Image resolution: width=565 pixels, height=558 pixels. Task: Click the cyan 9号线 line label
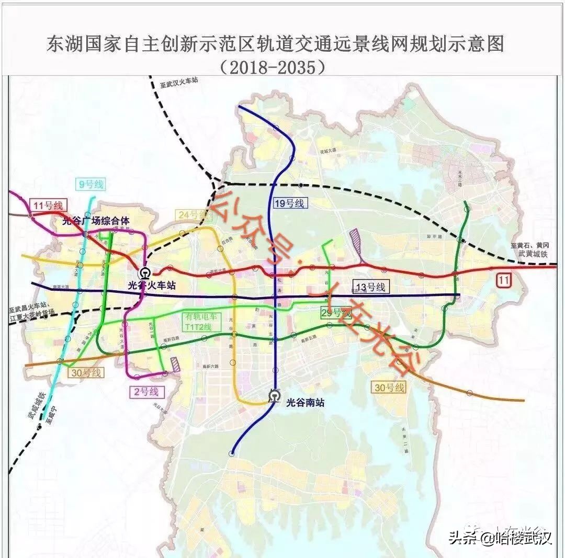(x=91, y=184)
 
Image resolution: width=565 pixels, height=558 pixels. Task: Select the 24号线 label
(x=191, y=215)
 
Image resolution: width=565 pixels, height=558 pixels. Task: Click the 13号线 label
(x=370, y=287)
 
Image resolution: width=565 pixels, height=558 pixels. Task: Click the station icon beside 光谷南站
(x=274, y=396)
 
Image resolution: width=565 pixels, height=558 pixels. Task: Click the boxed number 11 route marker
(x=503, y=280)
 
